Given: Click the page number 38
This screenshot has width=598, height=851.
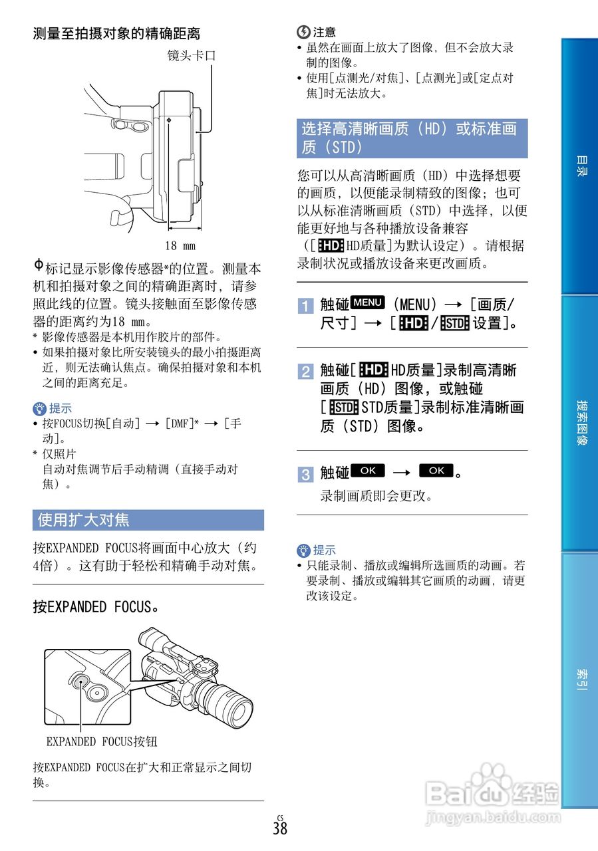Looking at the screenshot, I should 280,828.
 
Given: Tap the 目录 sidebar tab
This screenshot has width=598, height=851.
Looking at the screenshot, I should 581,166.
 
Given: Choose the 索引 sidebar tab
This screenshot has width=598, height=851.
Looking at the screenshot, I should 581,679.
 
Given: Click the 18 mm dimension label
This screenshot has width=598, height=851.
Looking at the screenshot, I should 180,246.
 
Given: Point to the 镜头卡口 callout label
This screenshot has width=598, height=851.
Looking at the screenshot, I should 192,56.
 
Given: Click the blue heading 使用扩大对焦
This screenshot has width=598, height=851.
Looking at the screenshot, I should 84,520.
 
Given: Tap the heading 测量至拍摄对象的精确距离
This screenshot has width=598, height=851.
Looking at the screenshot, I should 117,33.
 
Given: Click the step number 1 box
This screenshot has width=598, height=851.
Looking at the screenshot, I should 305,306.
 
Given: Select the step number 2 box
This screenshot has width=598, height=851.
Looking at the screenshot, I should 305,371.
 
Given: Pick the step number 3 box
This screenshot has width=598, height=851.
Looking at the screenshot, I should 305,474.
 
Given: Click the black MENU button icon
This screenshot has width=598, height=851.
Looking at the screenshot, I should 368,303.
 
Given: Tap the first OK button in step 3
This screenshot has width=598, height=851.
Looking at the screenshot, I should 368,471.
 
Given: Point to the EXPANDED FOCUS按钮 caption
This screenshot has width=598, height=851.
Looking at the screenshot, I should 102,741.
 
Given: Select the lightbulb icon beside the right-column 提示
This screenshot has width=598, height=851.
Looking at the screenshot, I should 304,550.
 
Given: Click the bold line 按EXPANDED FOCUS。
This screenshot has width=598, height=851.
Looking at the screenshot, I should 96,607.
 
